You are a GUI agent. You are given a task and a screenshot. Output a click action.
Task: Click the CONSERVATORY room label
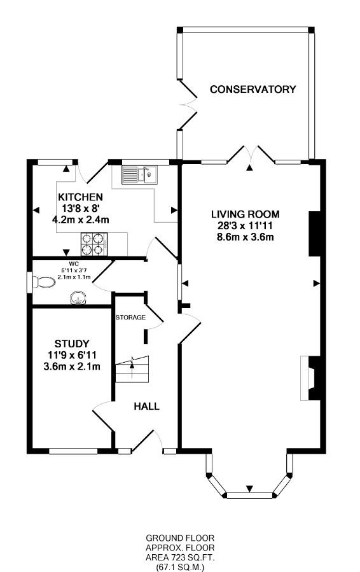tap(253, 89)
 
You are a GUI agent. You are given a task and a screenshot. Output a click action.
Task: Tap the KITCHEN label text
tap(81, 197)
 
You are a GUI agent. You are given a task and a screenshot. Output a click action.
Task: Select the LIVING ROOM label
tap(246, 214)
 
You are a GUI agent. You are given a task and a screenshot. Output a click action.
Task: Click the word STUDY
tap(72, 344)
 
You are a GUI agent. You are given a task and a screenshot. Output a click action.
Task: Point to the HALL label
tap(147, 407)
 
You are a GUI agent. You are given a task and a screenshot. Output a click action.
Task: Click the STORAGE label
tap(130, 317)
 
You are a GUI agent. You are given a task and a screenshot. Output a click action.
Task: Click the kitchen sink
tap(139, 174)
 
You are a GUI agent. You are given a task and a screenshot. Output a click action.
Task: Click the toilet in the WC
tap(43, 282)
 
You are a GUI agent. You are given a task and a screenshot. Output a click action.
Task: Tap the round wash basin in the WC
tap(78, 298)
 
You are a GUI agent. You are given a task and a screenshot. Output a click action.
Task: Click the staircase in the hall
tap(132, 369)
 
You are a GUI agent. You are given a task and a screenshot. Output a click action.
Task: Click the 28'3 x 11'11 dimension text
tap(246, 226)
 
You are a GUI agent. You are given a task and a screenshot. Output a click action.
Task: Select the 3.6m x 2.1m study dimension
tap(72, 366)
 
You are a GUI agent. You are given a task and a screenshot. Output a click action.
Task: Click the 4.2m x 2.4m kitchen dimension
tap(81, 220)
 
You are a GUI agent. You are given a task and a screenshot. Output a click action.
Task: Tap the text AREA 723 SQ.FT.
tap(180, 557)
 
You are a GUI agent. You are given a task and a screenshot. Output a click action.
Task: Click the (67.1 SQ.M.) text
tap(180, 567)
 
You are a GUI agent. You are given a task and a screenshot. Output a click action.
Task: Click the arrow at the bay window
tap(249, 489)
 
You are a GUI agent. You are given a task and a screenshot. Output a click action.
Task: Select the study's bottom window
tap(73, 451)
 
